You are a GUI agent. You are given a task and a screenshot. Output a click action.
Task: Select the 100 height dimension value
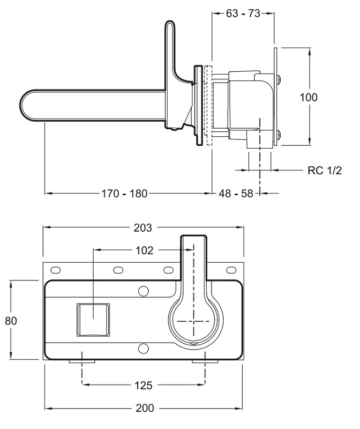point(308,97)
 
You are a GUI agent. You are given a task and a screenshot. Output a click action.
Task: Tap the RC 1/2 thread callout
point(325,171)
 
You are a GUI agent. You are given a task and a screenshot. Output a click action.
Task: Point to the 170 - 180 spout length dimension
point(125,193)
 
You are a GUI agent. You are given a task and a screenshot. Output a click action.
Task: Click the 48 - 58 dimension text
point(236,193)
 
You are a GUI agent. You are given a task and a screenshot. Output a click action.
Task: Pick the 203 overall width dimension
point(142,227)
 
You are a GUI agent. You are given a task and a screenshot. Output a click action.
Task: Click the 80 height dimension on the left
point(11,321)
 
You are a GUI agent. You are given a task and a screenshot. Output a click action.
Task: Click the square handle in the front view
point(94,319)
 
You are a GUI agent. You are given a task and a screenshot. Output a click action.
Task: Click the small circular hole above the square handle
point(143,291)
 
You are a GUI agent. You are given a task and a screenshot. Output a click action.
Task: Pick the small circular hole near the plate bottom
point(143,349)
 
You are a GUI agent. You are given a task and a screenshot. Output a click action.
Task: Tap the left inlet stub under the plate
point(81,362)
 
